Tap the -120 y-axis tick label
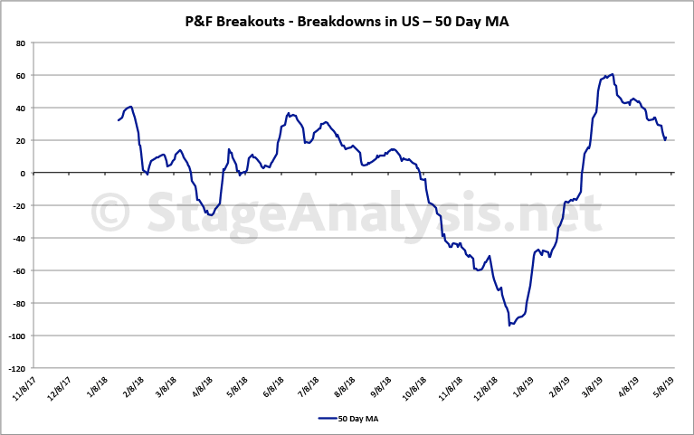(x=16, y=369)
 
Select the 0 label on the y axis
(x=23, y=174)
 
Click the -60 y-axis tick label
(x=18, y=271)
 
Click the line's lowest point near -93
(x=510, y=324)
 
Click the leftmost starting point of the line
(x=119, y=120)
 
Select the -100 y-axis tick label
(x=16, y=336)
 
